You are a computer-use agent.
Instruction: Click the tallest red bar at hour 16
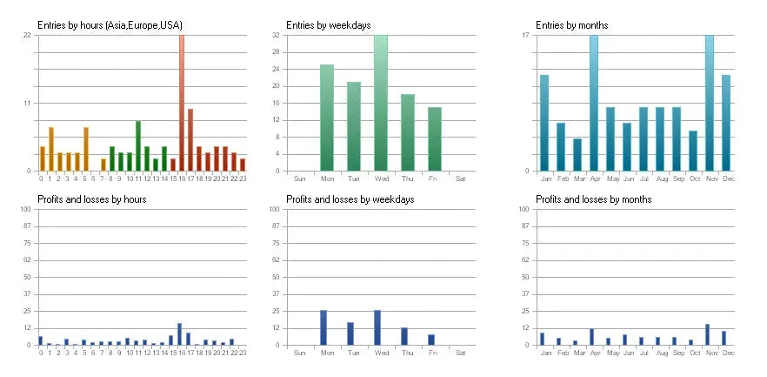click(x=181, y=103)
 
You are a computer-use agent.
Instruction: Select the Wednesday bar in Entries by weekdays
click(x=381, y=103)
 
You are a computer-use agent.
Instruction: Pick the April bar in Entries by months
click(x=594, y=103)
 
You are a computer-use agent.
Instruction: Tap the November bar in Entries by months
click(x=710, y=103)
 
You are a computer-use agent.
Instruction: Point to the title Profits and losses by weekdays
click(x=350, y=199)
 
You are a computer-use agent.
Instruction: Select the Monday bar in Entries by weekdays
click(x=327, y=118)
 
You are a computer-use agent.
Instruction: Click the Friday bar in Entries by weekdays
click(x=435, y=138)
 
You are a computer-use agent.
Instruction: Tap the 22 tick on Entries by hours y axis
click(x=27, y=35)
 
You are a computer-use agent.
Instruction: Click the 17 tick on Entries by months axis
click(x=526, y=35)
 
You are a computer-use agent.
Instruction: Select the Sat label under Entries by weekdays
click(x=461, y=178)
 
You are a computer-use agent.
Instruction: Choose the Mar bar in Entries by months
click(x=577, y=154)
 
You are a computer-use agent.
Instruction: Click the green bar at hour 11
click(x=137, y=145)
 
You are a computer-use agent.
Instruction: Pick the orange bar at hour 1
click(x=50, y=149)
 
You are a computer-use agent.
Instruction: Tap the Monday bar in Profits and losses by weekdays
click(x=323, y=327)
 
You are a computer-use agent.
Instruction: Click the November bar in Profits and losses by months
click(x=708, y=334)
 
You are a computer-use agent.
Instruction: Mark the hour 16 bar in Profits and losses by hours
click(x=179, y=334)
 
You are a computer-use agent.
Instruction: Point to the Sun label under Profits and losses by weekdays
click(x=300, y=353)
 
